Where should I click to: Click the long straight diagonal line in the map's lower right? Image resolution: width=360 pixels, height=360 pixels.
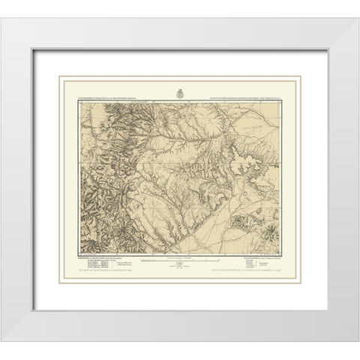tap(247, 225)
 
